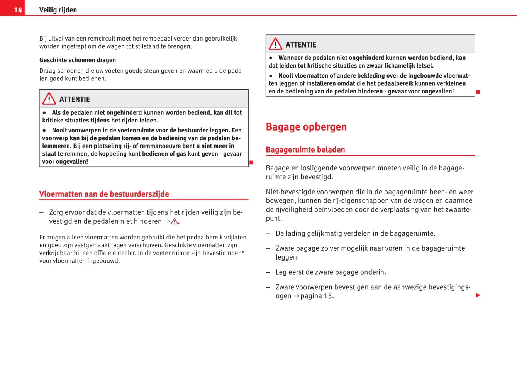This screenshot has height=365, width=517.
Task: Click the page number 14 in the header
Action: [x=18, y=10]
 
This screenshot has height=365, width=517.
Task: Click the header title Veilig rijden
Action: [x=58, y=10]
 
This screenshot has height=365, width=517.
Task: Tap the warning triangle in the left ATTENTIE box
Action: [x=49, y=99]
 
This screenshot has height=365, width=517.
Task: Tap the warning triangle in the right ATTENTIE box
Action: [x=275, y=44]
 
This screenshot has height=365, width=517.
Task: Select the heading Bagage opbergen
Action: [x=306, y=127]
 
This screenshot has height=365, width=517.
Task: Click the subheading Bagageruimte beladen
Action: [x=305, y=149]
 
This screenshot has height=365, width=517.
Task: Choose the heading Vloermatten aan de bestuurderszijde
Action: [x=104, y=194]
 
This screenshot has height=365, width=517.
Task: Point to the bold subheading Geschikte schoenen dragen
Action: [x=78, y=60]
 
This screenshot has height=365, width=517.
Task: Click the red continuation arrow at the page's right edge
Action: [x=478, y=295]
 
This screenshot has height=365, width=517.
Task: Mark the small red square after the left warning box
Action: [x=251, y=162]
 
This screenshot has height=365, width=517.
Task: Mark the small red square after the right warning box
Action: [x=478, y=92]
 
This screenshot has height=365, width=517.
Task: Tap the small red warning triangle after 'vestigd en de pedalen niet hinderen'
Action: [x=175, y=222]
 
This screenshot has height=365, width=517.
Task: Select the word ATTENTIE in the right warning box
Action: [x=301, y=45]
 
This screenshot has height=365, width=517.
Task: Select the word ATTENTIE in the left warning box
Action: [x=75, y=100]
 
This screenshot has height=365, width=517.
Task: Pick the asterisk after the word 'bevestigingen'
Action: [x=243, y=252]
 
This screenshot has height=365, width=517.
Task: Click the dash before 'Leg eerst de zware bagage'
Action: [x=268, y=272]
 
